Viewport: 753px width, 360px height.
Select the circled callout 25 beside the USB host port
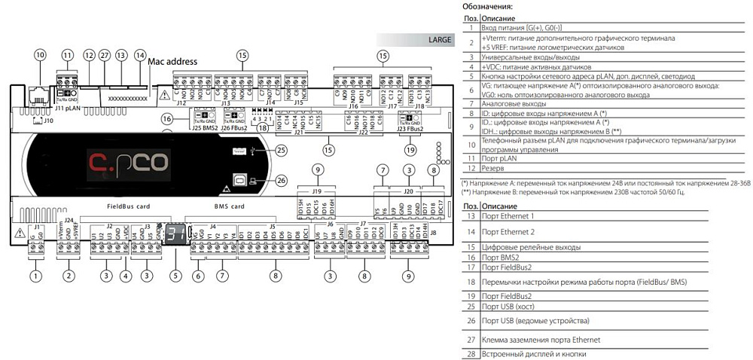282,150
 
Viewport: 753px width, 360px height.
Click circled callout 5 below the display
176,276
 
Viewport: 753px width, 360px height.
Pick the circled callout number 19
410,150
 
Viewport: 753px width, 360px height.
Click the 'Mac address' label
173,62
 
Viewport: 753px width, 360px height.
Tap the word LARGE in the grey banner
440,39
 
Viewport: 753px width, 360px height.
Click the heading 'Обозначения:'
486,7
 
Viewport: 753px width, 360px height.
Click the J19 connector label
318,192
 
